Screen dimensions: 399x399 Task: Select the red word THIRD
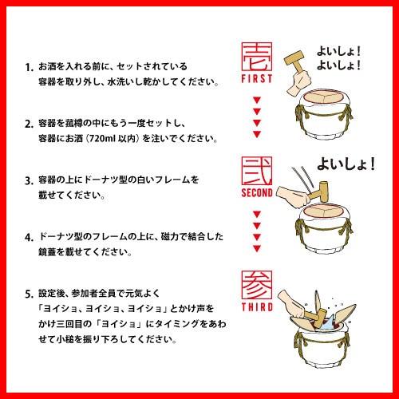click(x=256, y=307)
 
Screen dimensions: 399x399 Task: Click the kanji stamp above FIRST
click(x=256, y=57)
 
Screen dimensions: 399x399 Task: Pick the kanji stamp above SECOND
click(x=256, y=170)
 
